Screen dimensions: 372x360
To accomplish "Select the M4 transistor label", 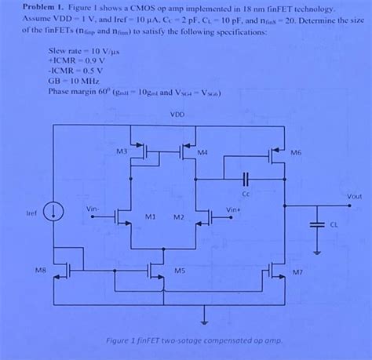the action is (x=202, y=151).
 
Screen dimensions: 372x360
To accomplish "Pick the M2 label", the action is (x=178, y=216).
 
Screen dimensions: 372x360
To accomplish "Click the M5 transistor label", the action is (x=180, y=271).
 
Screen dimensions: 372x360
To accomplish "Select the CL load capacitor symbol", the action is (x=316, y=224).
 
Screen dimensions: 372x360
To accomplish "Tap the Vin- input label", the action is (x=93, y=209).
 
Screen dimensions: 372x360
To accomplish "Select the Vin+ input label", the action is (x=233, y=209).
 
